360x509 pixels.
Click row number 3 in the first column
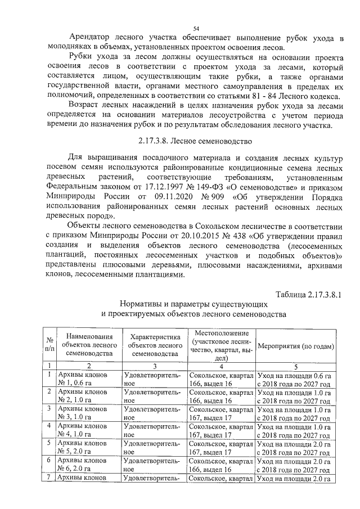[49, 409]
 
